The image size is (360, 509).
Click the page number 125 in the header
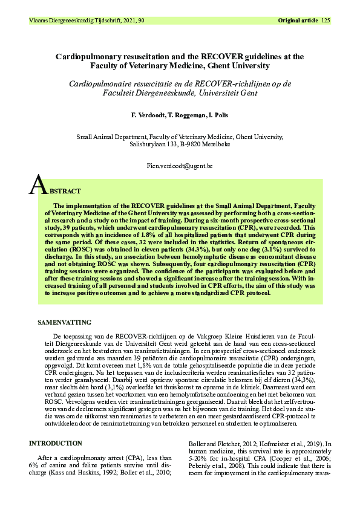click(x=326, y=21)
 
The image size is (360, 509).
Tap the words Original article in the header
click(x=298, y=21)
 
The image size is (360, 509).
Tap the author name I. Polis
click(x=216, y=115)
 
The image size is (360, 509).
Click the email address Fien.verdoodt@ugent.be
click(x=180, y=165)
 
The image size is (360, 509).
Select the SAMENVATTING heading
click(x=65, y=323)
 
